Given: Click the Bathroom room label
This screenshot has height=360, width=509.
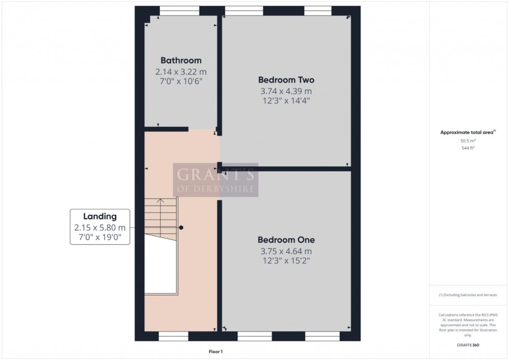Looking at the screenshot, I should tap(181, 60).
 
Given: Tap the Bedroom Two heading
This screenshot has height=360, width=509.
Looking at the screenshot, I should tap(286, 80).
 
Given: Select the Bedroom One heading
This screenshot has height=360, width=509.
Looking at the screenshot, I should tap(286, 240).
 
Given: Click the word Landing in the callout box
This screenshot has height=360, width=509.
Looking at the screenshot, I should tap(100, 217).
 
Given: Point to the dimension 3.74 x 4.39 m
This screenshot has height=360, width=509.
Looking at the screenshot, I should tap(286, 91).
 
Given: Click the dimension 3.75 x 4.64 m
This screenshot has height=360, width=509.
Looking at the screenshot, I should tap(286, 251).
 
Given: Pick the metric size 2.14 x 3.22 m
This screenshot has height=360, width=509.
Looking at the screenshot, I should tap(181, 72).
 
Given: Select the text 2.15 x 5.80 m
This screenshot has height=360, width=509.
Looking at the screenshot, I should tap(100, 228).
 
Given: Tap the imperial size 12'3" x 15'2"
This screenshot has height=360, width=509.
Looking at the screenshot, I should tap(286, 260).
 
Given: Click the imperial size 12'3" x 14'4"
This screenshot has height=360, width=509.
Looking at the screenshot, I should tap(286, 101).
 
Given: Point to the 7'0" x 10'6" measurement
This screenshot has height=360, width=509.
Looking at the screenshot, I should tap(181, 82).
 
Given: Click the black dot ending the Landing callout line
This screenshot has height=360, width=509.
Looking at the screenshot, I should tap(181, 228).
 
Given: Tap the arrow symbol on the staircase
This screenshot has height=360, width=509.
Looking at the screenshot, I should tap(161, 201).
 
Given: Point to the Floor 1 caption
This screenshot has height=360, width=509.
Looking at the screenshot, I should tap(215, 352).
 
